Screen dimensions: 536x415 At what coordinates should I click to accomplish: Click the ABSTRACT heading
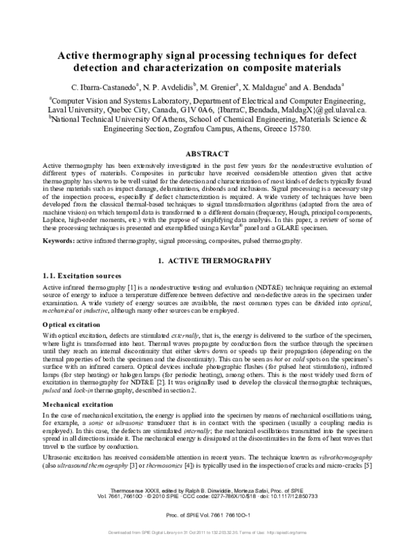(x=207, y=153)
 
